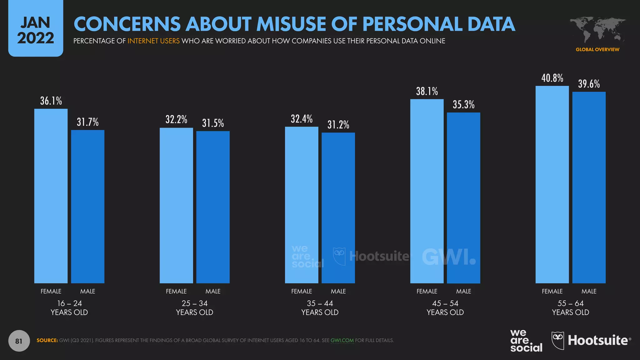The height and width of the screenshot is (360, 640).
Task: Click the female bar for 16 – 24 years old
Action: pyautogui.click(x=51, y=196)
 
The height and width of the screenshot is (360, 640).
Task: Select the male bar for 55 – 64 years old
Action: pyautogui.click(x=589, y=187)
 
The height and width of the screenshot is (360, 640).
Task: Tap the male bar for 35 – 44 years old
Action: pyautogui.click(x=338, y=208)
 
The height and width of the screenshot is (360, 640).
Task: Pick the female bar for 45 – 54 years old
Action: pyautogui.click(x=427, y=191)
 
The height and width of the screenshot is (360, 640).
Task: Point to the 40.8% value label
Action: pyautogui.click(x=552, y=78)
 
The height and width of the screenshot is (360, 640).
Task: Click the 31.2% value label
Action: pyautogui.click(x=338, y=125)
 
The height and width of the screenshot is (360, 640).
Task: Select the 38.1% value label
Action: pyautogui.click(x=427, y=91)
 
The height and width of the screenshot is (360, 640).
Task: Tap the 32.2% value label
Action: pyautogui.click(x=176, y=119)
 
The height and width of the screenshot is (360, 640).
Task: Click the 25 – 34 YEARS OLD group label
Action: pyautogui.click(x=194, y=308)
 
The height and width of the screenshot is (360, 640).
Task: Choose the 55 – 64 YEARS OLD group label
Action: pyautogui.click(x=570, y=308)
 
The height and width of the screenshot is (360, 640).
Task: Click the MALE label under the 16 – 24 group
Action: pyautogui.click(x=87, y=291)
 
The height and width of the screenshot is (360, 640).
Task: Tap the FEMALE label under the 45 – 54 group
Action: pyautogui.click(x=427, y=291)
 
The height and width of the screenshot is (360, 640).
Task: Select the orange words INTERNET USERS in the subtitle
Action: pyautogui.click(x=153, y=41)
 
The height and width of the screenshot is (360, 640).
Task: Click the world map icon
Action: pyautogui.click(x=597, y=30)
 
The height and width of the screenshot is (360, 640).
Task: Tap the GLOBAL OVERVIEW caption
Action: pyautogui.click(x=597, y=49)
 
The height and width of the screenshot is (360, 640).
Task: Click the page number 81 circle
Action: pyautogui.click(x=19, y=341)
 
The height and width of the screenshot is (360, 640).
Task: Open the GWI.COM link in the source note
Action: pyautogui.click(x=342, y=340)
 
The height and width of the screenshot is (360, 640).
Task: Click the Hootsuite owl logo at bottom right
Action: pyautogui.click(x=558, y=340)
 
